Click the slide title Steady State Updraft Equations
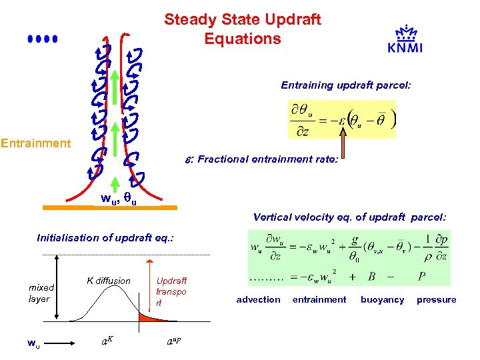point(243,29)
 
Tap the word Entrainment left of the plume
point(36,143)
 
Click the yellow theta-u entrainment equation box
point(342,119)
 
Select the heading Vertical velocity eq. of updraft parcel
point(349,217)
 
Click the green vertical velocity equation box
point(349,257)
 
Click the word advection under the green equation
point(258,300)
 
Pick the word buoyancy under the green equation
point(382,300)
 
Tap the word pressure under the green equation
point(436,300)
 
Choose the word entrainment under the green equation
point(319,300)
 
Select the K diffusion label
point(109,281)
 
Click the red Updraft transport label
point(171,291)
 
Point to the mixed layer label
point(41,293)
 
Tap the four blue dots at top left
point(43,39)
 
